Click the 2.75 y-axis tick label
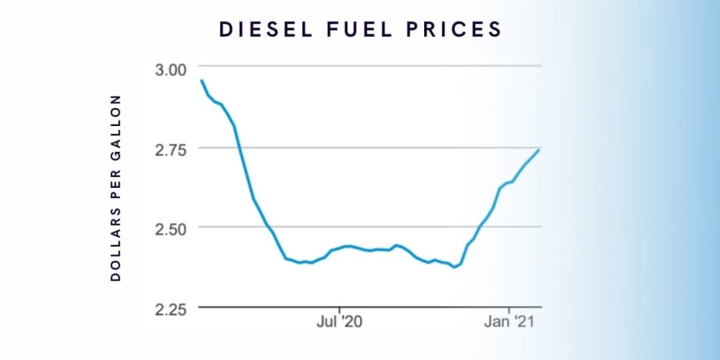point(170,148)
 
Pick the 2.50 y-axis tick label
point(170,228)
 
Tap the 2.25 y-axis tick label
point(170,308)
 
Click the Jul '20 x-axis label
point(340,322)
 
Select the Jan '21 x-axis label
point(509,322)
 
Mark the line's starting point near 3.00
point(202,81)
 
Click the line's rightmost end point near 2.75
point(539,149)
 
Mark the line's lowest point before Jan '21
point(455,267)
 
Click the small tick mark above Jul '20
point(340,309)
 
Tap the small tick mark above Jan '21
point(509,309)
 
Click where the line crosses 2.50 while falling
point(268,227)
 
